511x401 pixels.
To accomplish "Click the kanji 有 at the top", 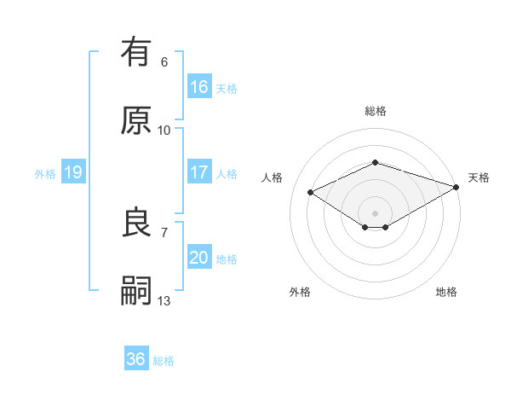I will (x=137, y=52).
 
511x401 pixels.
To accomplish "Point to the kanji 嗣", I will (x=137, y=291).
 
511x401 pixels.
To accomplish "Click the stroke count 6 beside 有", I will (x=164, y=62).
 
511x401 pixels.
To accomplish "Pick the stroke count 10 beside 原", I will (x=164, y=131).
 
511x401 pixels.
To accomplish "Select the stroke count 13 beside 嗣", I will (x=164, y=300).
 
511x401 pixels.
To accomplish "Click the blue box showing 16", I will (x=198, y=87).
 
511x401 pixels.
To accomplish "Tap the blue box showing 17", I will (x=198, y=172).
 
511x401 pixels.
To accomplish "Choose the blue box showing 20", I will (x=198, y=258).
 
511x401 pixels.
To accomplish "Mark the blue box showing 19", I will (x=73, y=172).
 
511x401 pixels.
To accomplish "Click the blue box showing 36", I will (x=136, y=359).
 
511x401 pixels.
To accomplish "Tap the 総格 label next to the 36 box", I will (x=164, y=361).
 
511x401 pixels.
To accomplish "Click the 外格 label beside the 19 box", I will (x=45, y=173).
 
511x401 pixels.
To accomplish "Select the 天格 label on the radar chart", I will (x=479, y=177).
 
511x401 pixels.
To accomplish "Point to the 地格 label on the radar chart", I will (x=446, y=292).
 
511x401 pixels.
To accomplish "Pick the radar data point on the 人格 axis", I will (x=310, y=192).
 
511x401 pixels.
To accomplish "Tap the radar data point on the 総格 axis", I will (x=375, y=162).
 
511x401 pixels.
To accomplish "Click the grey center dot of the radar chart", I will (x=375, y=212).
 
